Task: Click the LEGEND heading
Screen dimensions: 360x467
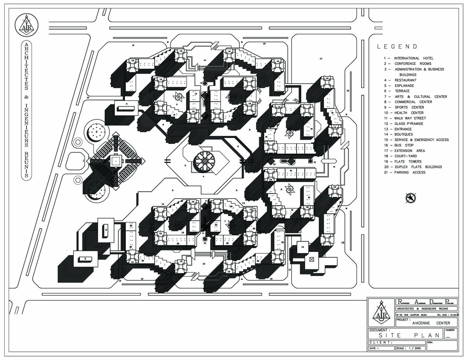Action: tap(397, 47)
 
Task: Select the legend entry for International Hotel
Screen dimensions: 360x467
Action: tap(408, 58)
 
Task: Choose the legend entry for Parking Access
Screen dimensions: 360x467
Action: tap(404, 172)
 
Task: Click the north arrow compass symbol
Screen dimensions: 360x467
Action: tap(411, 198)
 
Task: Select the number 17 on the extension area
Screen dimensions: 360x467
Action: tap(321, 59)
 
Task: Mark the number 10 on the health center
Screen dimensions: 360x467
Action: tap(302, 246)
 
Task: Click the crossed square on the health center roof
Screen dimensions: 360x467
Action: tap(311, 259)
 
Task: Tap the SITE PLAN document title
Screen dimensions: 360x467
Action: tap(405, 335)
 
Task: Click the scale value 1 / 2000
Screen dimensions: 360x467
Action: tap(413, 348)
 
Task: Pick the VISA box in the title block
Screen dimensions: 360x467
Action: tap(445, 346)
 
